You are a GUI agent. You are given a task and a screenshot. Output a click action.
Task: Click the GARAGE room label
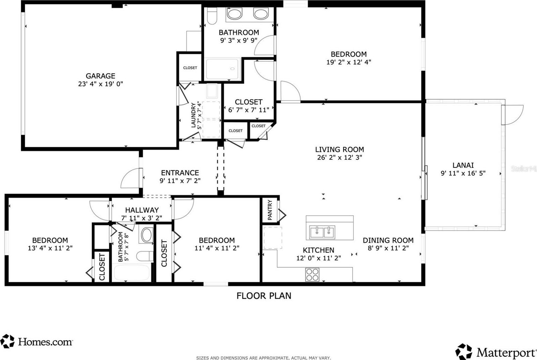coord(101,76)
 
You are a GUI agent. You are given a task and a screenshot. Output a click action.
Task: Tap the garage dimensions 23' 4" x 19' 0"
coord(101,84)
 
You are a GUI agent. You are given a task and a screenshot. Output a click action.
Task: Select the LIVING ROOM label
coord(339,149)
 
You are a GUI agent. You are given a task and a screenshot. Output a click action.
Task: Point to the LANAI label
coord(463,165)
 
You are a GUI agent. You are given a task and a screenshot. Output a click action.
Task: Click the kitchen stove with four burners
coord(312,275)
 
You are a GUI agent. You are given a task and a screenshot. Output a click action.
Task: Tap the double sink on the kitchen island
coord(322,232)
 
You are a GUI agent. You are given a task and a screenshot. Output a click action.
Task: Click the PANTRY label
coord(270,210)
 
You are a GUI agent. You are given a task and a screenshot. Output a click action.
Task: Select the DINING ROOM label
coord(388,240)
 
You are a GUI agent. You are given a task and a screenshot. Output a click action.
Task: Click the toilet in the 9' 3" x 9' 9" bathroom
coord(212,16)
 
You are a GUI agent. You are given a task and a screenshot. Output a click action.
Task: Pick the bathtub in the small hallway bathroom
coord(132,273)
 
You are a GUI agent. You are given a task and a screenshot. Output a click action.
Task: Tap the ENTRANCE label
coord(180,173)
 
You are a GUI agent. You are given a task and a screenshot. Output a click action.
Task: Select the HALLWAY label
coord(142,210)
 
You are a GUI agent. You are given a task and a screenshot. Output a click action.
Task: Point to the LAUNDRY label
coord(193,115)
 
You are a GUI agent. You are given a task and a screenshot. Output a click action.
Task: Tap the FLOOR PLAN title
coord(264,296)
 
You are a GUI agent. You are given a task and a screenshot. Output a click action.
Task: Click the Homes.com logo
coord(36,341)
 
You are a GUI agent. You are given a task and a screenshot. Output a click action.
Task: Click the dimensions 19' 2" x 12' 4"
coord(348,62)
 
